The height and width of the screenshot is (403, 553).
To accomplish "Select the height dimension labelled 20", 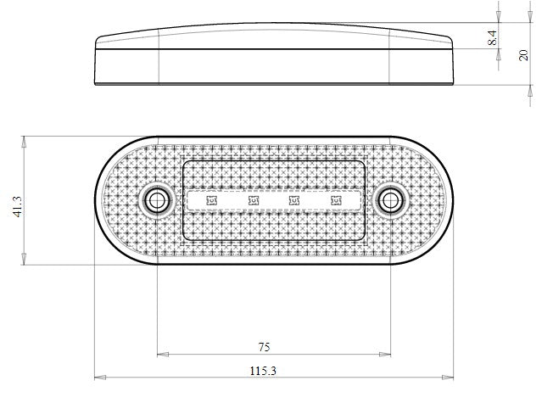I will click(523, 54).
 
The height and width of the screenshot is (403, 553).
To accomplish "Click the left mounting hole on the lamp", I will click(157, 200).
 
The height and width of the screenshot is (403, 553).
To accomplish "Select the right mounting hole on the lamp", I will click(389, 200).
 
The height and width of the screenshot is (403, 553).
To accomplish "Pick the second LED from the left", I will click(253, 200).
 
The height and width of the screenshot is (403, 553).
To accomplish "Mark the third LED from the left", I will click(293, 200).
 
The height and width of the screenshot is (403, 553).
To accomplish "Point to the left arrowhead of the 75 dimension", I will click(161, 354).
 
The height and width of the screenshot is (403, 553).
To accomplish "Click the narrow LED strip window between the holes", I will click(273, 200).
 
